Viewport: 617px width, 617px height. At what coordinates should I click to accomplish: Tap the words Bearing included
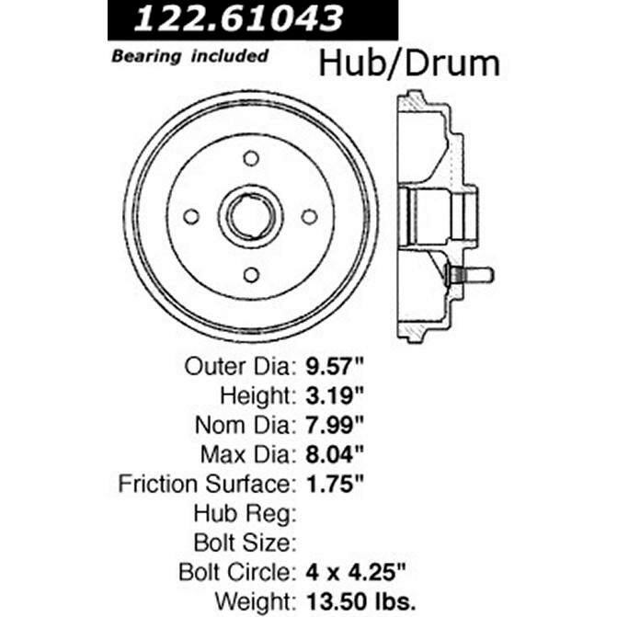[x=190, y=56]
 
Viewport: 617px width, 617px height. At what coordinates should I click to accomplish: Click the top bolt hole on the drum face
[x=251, y=158]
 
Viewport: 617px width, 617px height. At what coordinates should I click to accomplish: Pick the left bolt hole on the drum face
[x=191, y=217]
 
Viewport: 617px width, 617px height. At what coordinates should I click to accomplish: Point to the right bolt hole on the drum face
[x=310, y=217]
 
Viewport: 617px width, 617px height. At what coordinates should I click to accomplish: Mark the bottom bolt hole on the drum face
[x=251, y=275]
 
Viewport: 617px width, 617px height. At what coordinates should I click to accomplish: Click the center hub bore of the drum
[x=250, y=217]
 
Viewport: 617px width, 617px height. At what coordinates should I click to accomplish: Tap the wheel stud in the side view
[x=471, y=274]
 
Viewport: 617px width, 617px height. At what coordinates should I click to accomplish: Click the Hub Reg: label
[x=249, y=512]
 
